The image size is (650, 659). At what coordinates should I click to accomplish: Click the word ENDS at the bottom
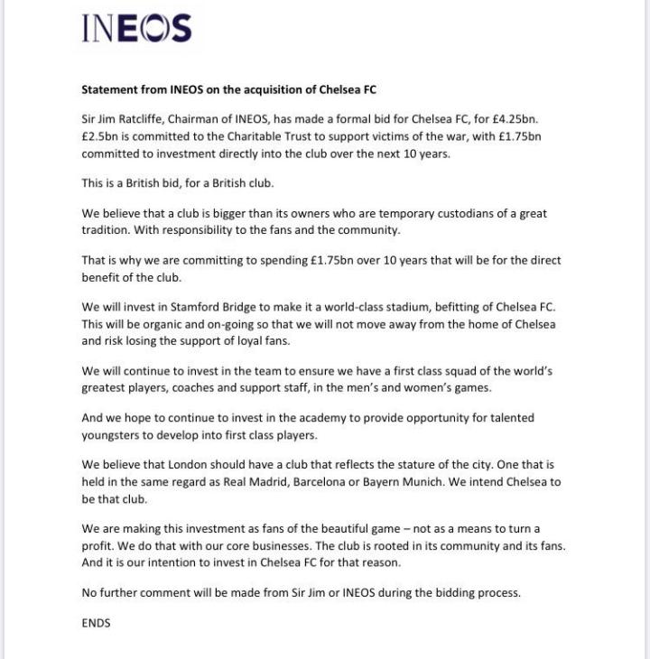pyautogui.click(x=96, y=622)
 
